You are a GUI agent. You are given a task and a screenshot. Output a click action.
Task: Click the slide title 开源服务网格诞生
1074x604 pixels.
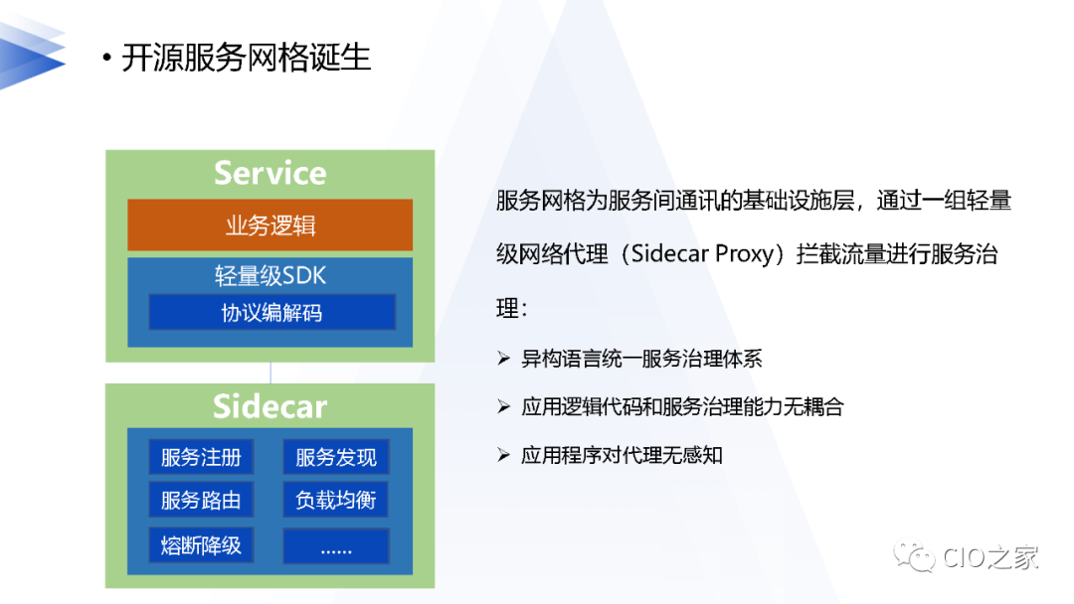coord(246,58)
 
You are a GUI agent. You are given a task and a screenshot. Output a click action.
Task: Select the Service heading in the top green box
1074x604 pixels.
coord(269,173)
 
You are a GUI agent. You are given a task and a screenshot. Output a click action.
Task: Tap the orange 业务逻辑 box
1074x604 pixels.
coord(269,226)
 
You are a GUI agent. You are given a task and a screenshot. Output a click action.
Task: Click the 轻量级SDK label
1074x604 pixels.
coord(269,275)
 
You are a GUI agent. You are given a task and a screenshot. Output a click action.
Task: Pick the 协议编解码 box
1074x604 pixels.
coord(271,313)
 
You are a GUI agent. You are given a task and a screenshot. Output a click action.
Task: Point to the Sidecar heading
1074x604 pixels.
coord(269,406)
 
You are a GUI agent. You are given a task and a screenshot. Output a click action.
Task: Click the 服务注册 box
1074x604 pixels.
coord(201,458)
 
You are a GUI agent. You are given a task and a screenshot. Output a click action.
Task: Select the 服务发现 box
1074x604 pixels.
coord(336,458)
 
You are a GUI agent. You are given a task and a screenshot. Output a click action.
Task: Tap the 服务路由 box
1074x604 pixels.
coord(201,501)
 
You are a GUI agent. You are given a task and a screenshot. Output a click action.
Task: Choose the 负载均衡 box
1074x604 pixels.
coord(336,501)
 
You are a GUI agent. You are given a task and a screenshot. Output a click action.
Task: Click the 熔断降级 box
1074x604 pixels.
coord(201,544)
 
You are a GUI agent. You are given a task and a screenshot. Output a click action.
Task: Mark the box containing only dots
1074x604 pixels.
coord(336,545)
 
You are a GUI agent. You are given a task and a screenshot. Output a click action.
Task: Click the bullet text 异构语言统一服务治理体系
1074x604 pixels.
coord(641,359)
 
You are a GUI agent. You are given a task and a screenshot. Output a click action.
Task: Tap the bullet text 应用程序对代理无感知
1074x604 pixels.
coord(622,455)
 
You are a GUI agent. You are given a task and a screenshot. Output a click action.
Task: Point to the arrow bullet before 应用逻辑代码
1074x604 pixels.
coord(503,407)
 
